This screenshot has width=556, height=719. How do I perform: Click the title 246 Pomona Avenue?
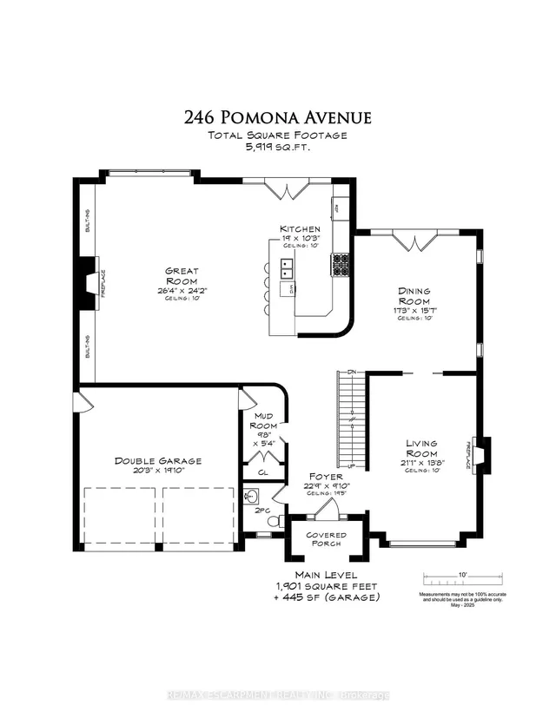coord(278,116)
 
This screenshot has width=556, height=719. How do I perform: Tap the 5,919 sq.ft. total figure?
coord(278,148)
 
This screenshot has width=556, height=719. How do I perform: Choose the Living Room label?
coord(420,449)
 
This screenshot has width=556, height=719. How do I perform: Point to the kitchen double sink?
coord(285,268)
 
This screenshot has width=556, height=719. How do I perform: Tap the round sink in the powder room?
coord(251,498)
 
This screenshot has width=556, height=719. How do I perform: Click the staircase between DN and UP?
coord(350,419)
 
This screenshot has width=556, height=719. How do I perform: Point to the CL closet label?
coord(262,473)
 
